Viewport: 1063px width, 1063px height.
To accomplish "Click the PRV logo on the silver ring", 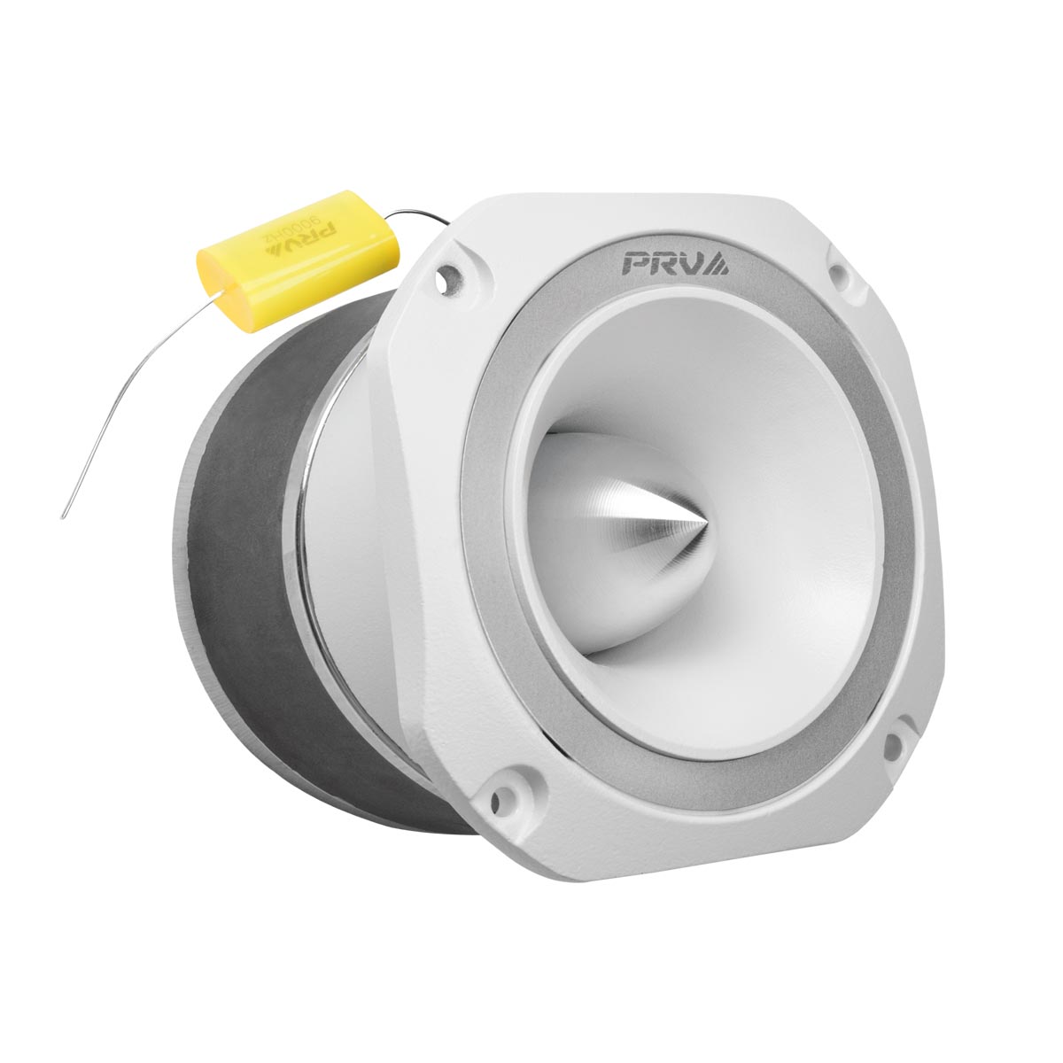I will (x=675, y=263).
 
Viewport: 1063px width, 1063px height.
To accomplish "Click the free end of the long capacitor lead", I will (x=64, y=516).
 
